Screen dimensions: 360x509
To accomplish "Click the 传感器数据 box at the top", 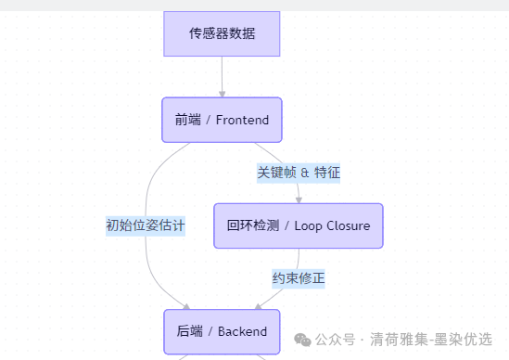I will (222, 34).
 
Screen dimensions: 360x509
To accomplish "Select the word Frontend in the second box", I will (242, 121).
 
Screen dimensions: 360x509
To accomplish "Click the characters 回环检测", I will (252, 225).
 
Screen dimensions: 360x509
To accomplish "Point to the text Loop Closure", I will (332, 225).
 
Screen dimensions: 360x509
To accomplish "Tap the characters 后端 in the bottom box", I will (188, 331).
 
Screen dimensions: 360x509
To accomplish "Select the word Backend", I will (243, 331).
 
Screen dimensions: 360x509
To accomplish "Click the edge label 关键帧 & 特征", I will (299, 172).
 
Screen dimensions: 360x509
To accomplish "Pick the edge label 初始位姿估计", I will (146, 225).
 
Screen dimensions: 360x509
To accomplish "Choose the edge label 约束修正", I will (299, 277).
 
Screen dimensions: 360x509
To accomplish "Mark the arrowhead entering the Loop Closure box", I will (299, 199).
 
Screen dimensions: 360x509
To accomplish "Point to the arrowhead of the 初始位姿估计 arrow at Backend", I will (186, 306).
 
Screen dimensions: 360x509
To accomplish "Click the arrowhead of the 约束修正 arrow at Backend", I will (258, 306).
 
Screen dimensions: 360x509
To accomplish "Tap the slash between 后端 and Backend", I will (210, 331).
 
